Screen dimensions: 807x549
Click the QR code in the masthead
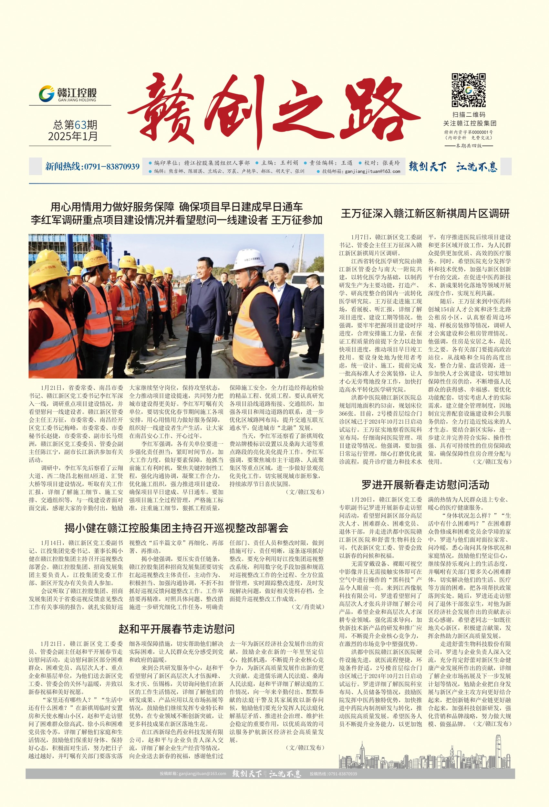(468, 90)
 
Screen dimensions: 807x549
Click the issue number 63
(80, 125)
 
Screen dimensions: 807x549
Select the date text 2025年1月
(73, 136)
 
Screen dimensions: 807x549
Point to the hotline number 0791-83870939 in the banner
(111, 167)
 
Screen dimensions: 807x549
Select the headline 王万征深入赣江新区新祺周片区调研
(425, 214)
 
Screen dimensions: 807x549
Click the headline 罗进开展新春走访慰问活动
(425, 484)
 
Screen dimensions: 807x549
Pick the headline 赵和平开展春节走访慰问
(176, 629)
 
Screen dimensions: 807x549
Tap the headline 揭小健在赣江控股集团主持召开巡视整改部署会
(176, 528)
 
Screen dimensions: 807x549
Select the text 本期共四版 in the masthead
(469, 146)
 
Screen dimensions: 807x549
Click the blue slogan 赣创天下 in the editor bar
(428, 167)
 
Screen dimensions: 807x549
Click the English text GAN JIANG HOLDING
(77, 100)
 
